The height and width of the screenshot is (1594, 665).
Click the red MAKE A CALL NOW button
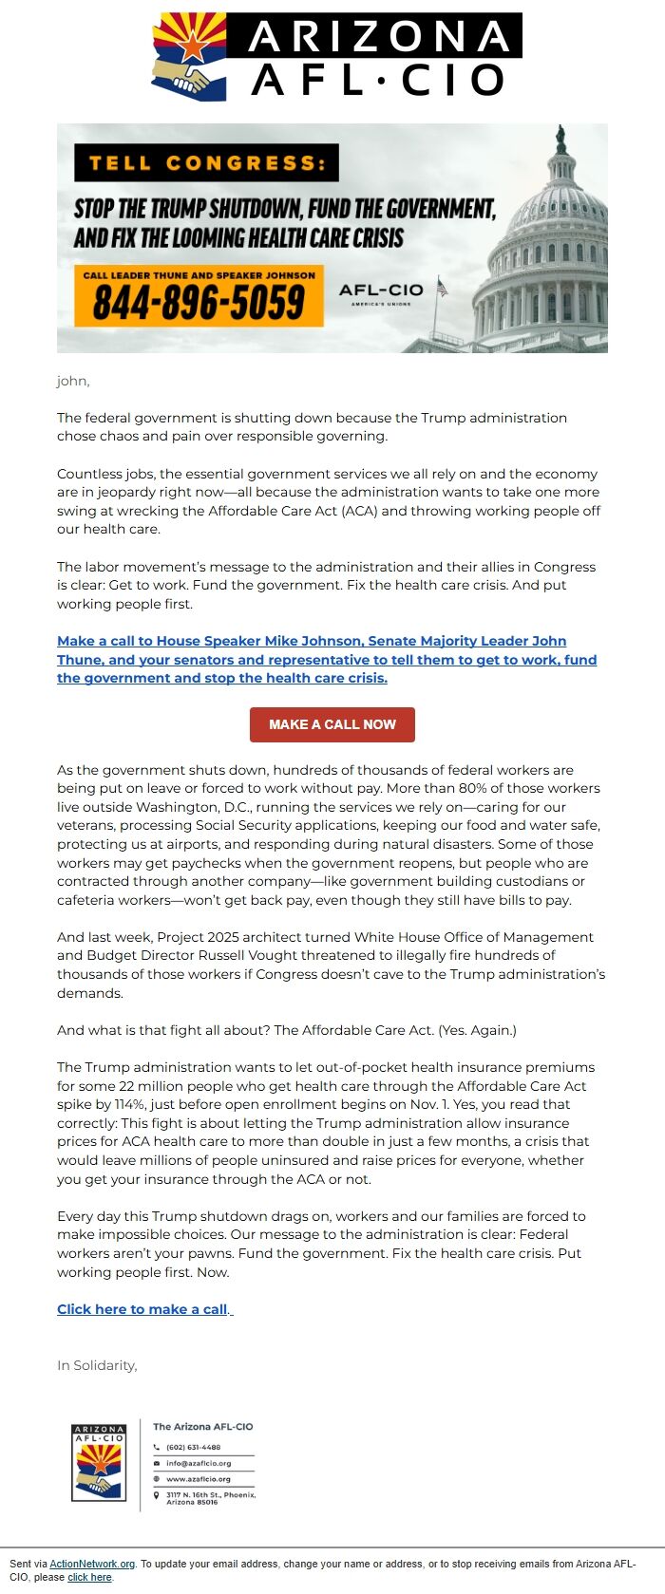coord(332,724)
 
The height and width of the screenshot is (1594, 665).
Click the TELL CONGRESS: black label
coord(206,162)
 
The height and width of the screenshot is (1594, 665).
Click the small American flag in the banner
coord(442,287)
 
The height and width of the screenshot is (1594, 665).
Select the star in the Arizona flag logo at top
coord(193,43)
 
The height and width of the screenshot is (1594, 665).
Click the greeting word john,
coord(73,381)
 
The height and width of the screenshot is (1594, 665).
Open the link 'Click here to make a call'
coord(142,1309)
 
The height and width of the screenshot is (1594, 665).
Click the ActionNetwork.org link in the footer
coord(92,1564)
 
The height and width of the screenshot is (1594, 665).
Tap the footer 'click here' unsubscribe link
coord(89,1577)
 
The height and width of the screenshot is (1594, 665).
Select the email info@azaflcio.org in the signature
coord(199,1463)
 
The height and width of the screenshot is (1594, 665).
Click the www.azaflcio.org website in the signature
coord(199,1478)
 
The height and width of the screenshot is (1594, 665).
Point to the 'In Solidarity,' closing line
coord(97,1365)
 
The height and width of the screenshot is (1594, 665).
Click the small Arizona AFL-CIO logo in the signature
coord(99,1462)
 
